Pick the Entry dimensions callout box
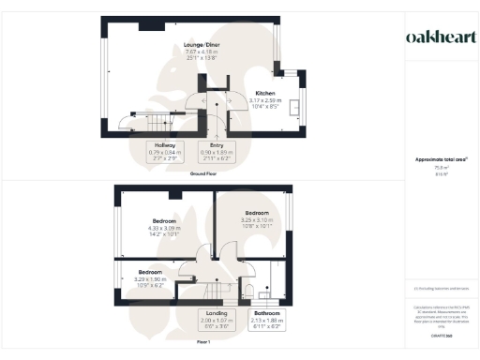click(x=217, y=152)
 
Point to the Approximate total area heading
click(x=435, y=159)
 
